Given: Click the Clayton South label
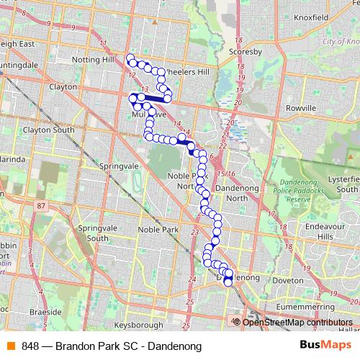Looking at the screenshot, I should pyautogui.click(x=49, y=130).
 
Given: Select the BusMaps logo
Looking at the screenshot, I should pyautogui.click(x=321, y=346).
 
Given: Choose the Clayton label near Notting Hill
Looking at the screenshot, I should pyautogui.click(x=63, y=86).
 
